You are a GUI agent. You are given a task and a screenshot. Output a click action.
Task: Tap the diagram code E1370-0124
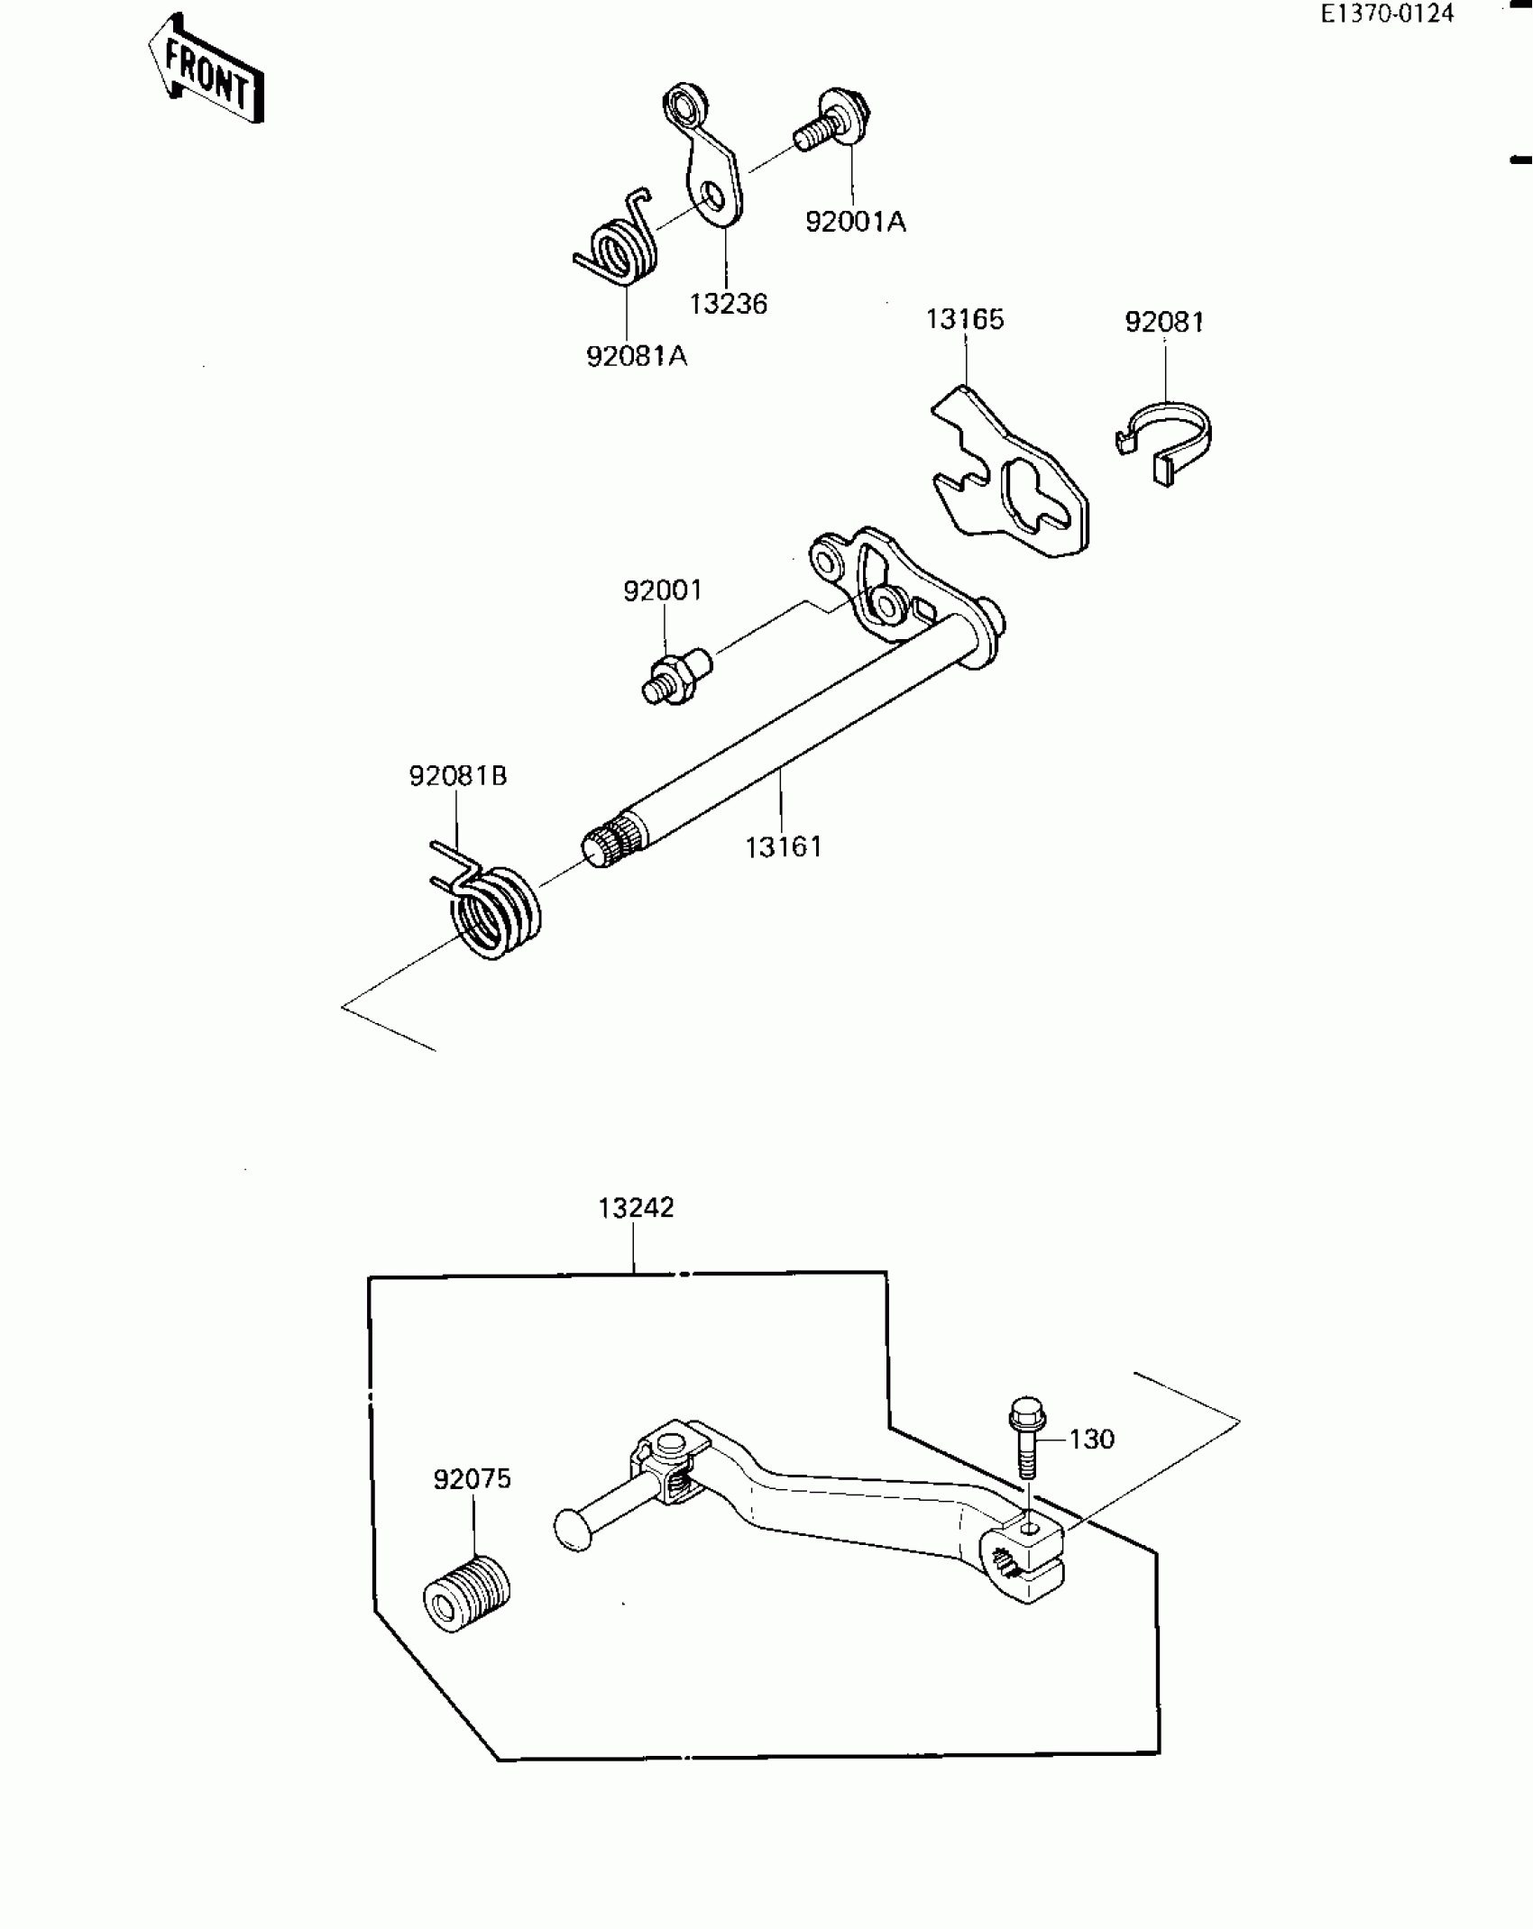1387,14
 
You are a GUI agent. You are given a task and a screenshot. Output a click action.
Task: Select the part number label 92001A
855,222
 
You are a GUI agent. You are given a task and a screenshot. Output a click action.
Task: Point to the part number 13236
728,305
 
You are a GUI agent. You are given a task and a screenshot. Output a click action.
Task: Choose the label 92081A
637,357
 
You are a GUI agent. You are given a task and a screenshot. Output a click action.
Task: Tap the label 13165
964,320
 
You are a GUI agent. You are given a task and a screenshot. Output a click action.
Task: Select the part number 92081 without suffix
1163,323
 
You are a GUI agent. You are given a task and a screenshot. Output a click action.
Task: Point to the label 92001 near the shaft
663,591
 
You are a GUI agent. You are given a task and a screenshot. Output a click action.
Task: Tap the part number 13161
784,847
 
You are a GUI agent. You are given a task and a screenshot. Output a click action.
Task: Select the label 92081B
458,776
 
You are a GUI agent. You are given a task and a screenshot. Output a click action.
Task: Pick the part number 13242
637,1208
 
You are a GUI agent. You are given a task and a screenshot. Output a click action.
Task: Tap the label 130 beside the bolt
1092,1440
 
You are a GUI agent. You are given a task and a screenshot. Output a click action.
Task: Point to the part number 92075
472,1479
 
